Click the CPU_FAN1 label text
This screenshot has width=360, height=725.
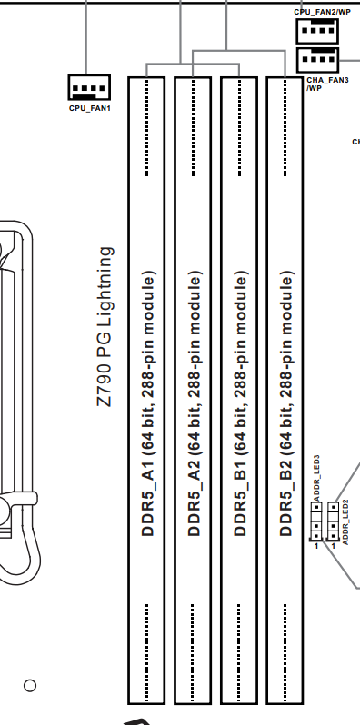point(90,108)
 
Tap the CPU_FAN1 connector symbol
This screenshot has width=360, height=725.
point(89,87)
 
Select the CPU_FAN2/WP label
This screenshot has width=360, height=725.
point(322,12)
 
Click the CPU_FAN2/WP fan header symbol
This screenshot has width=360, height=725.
point(317,32)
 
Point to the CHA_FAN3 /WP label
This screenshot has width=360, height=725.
point(327,84)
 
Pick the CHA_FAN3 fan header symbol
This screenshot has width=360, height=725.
point(317,60)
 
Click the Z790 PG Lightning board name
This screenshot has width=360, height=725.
point(105,327)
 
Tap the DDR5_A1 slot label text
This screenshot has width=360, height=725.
point(148,403)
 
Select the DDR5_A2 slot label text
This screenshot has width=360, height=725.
point(195,403)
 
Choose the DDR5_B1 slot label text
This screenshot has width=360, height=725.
point(240,403)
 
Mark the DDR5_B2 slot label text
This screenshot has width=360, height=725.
point(286,403)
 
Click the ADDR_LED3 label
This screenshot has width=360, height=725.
point(317,478)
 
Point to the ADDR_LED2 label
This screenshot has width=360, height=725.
point(345,521)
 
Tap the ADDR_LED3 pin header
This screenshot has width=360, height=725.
point(316,521)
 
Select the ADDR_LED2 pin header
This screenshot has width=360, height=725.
point(333,521)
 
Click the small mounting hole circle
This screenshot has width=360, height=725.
point(30,685)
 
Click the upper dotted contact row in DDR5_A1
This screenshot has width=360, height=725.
point(147,127)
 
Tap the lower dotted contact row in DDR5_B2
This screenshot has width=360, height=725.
point(285,652)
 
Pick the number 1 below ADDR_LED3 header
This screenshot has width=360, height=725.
point(316,546)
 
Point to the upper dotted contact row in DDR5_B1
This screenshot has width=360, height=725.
point(239,127)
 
